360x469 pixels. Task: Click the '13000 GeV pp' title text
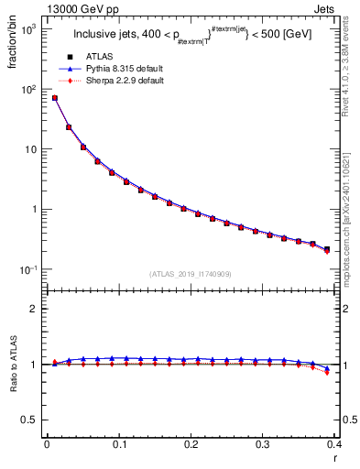pos(49,8)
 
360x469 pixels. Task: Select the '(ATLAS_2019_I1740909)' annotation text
pos(190,274)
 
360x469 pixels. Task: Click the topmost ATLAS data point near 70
pos(54,98)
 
